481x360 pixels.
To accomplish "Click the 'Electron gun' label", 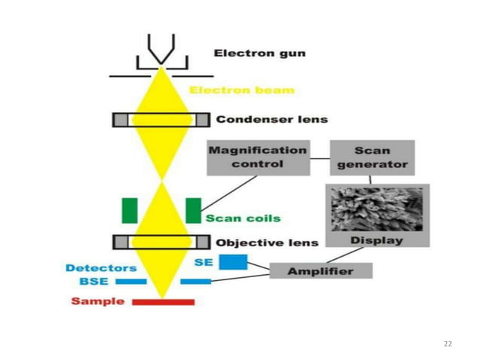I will (259, 54).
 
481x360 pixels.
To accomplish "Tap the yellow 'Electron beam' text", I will (241, 90).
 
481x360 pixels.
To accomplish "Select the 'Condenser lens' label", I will (271, 119).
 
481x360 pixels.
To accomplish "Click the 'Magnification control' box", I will (258, 156).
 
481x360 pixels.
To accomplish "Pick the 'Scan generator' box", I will (372, 157).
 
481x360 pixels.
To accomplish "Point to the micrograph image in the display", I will (377, 210).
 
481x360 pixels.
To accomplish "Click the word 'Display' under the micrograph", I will (377, 240).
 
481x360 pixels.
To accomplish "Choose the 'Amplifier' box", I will (321, 270).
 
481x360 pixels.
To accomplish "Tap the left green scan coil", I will (130, 210).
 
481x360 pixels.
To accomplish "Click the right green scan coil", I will (194, 210).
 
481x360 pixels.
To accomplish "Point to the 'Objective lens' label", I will (267, 243).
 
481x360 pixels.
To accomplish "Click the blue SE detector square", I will (234, 262).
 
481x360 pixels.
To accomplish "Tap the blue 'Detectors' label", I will (101, 267).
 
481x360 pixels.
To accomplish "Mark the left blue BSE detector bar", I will (130, 281).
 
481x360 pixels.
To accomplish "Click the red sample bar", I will (163, 302).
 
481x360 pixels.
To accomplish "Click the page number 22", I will (448, 343).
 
